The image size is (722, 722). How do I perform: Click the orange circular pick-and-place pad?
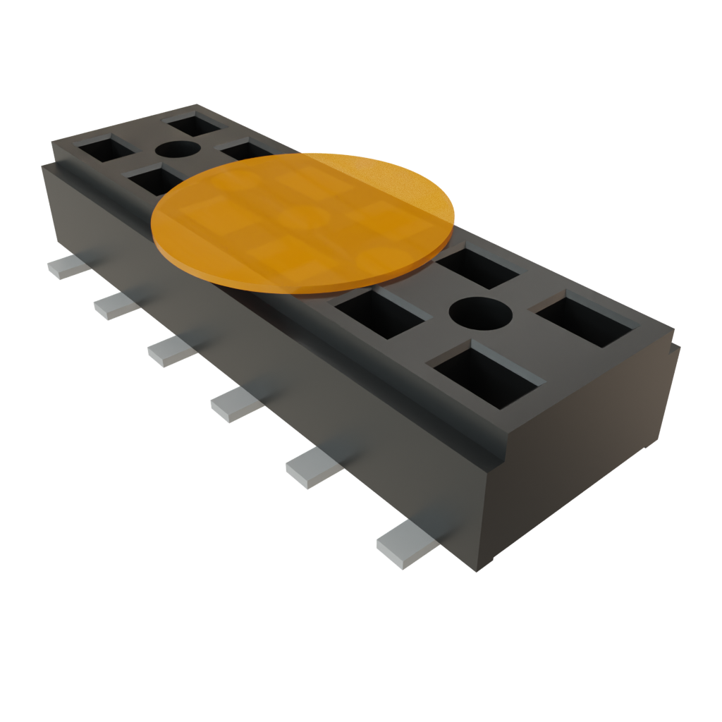coord(303,222)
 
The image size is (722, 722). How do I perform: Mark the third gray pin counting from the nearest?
coord(235,405)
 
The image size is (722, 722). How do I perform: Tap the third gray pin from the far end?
coord(170,350)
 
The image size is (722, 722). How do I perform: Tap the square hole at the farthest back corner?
coord(195,124)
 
